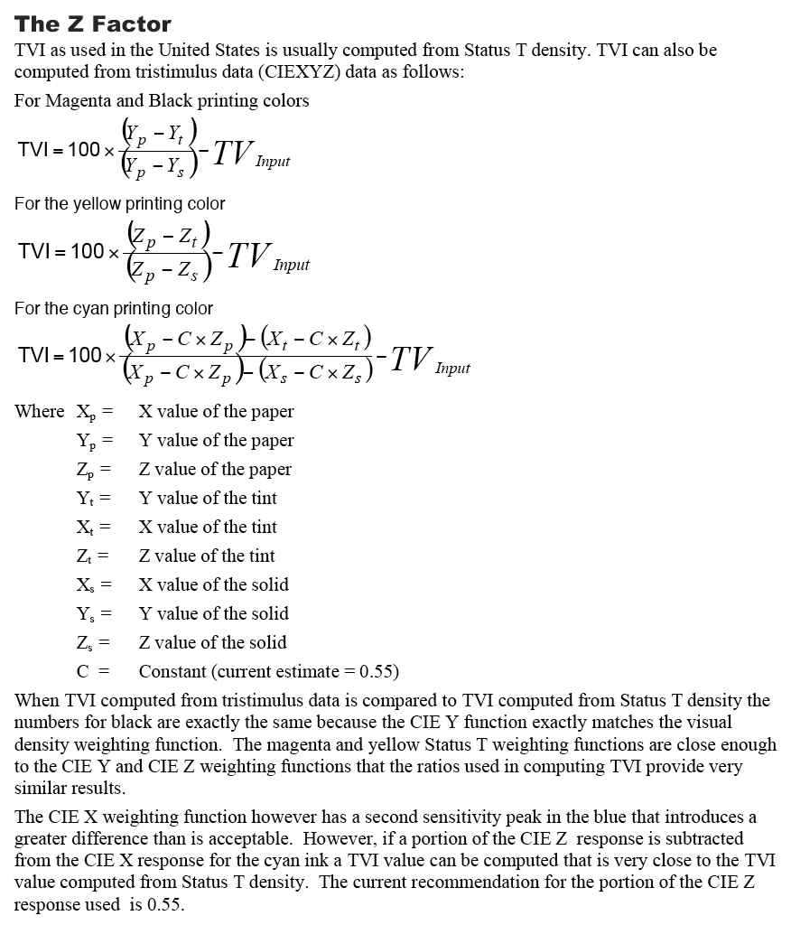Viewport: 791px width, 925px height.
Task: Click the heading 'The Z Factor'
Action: point(93,23)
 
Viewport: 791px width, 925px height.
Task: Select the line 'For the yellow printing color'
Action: point(120,204)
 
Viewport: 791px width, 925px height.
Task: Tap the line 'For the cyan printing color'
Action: point(114,309)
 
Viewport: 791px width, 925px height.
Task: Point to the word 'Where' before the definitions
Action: point(40,412)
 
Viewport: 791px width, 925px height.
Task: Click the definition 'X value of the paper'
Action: point(216,412)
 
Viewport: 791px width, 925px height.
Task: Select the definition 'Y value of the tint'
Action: point(208,499)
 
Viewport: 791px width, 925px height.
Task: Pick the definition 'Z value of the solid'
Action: point(212,643)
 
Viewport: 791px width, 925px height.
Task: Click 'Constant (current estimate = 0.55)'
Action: point(268,672)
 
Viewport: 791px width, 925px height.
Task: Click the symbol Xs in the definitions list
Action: point(88,585)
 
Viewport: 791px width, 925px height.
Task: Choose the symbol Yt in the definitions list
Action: point(88,499)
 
